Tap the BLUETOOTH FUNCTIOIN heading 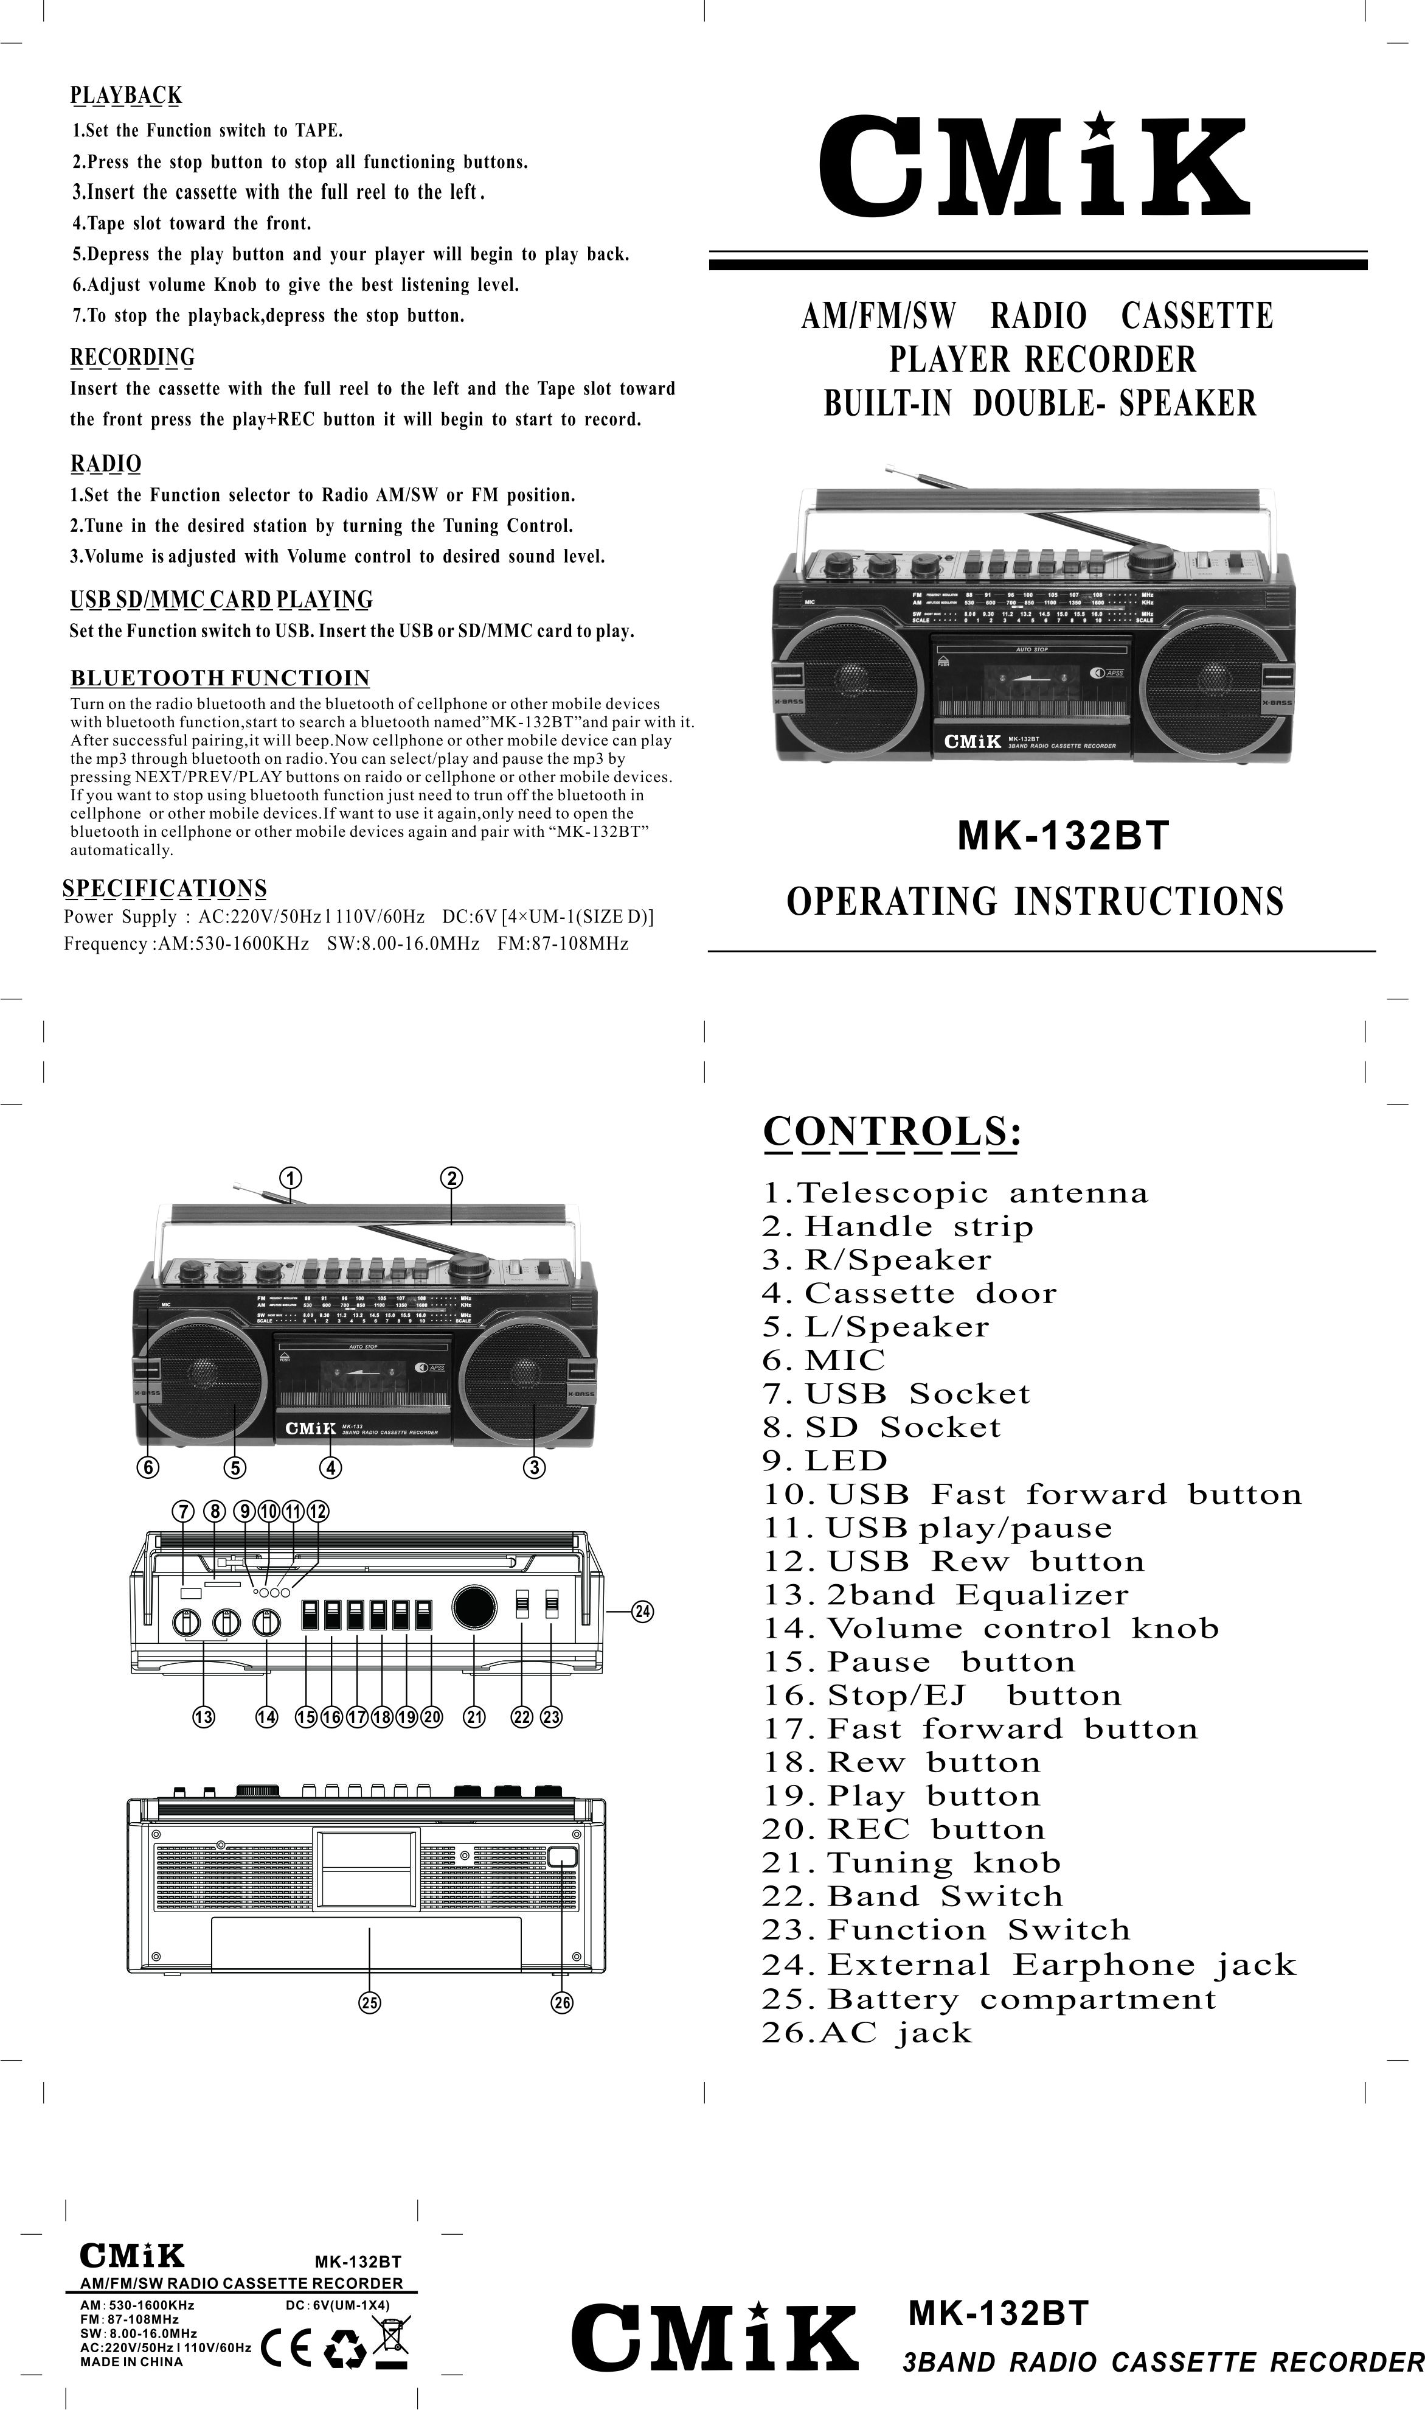coord(220,678)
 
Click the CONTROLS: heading coord(891,1133)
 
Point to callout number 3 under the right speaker coord(535,1467)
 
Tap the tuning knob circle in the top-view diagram coord(474,1607)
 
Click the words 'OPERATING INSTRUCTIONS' coord(1034,902)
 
